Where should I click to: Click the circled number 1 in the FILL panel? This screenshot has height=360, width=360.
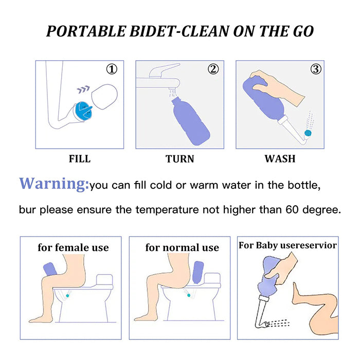[112, 69]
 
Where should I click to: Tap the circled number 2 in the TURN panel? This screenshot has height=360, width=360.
[212, 69]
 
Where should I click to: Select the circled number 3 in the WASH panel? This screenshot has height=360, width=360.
[316, 69]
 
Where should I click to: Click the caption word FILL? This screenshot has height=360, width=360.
[79, 159]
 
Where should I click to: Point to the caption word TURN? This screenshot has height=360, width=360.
[180, 159]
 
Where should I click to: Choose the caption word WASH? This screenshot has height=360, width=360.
[280, 159]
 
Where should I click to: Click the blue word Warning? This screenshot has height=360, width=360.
[54, 184]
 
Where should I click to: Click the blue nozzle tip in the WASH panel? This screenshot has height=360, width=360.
[308, 133]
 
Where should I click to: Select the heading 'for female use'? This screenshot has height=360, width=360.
[73, 247]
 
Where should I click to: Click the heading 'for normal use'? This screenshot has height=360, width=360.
[182, 247]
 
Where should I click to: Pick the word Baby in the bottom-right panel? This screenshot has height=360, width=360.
[267, 245]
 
